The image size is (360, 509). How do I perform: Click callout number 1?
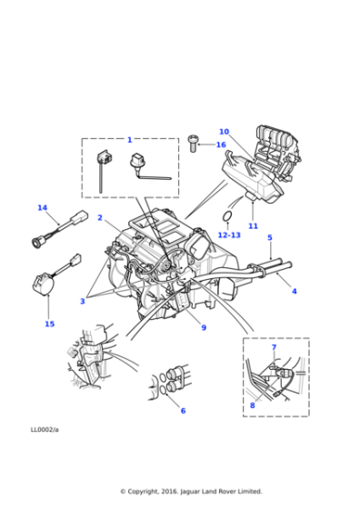click(129, 140)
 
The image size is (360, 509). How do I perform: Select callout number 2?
click(100, 218)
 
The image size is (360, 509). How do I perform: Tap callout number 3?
click(83, 301)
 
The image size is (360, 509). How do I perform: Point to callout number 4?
click(294, 291)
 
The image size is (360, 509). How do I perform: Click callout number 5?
click(270, 238)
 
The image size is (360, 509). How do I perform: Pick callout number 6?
click(183, 410)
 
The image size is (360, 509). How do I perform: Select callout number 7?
click(274, 348)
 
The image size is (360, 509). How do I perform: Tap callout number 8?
click(252, 405)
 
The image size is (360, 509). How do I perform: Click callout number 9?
click(204, 327)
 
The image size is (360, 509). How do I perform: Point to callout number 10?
click(224, 132)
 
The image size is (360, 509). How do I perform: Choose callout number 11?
click(254, 225)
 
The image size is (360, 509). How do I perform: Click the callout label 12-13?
click(229, 235)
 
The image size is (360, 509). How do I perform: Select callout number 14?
click(42, 208)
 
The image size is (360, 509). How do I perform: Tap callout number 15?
click(49, 324)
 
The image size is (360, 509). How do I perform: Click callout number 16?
click(220, 145)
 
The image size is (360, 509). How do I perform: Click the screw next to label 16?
click(193, 143)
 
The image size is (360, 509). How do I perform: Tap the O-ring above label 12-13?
click(226, 216)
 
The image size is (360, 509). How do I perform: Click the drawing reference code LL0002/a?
click(45, 430)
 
